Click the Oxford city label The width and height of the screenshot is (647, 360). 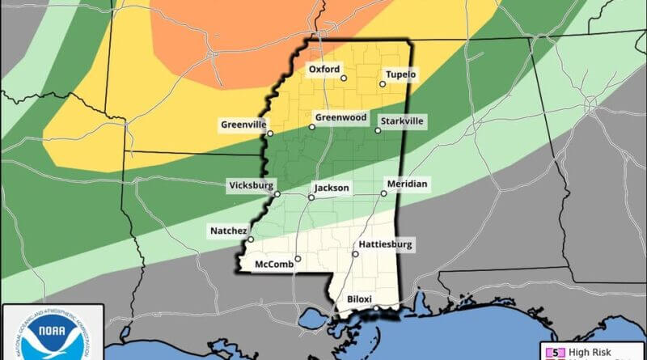324,70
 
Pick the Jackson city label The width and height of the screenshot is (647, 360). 332,188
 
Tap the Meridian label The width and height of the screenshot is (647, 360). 407,184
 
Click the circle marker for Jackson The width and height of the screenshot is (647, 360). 311,197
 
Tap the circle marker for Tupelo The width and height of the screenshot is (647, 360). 383,83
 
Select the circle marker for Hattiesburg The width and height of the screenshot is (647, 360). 355,253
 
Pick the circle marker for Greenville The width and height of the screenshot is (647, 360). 270,133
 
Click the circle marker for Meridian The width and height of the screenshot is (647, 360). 383,193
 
